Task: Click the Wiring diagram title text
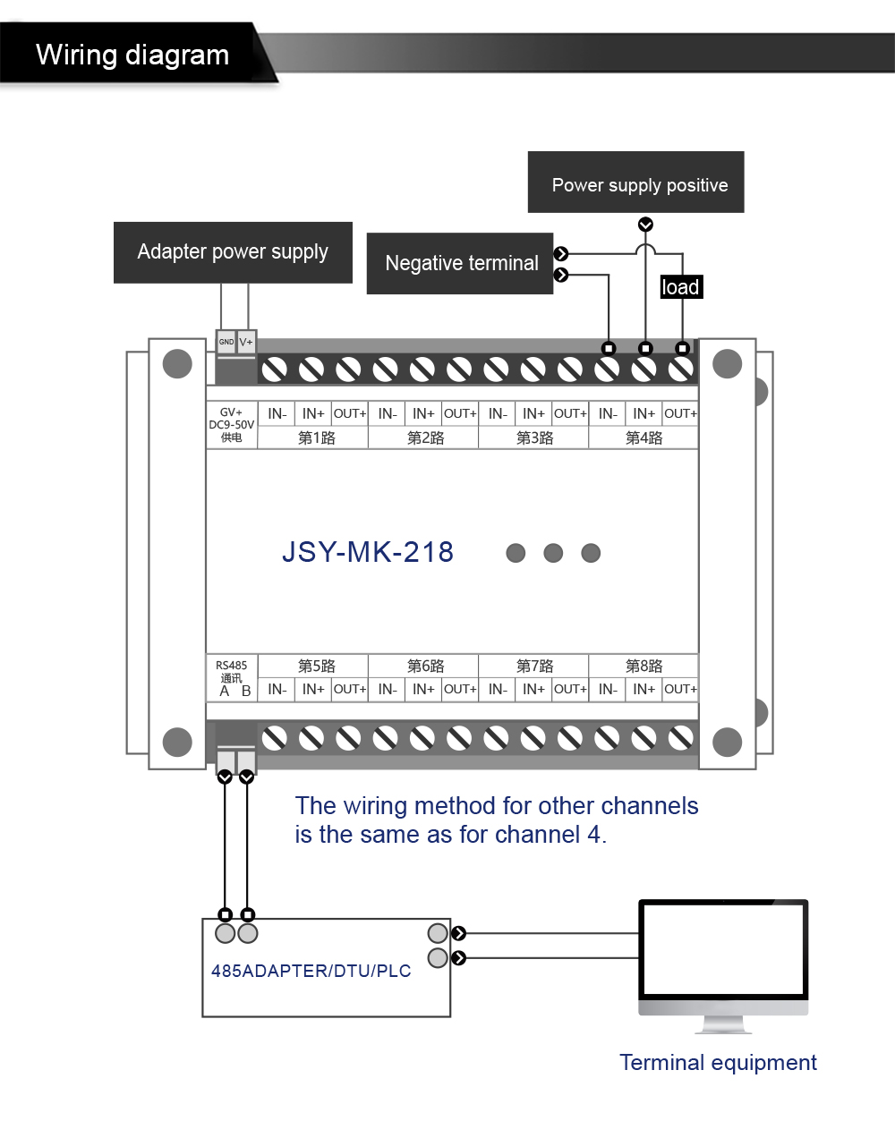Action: [x=132, y=55]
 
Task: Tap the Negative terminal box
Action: [x=460, y=263]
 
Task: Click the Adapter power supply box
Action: [x=233, y=252]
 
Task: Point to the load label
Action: [x=680, y=287]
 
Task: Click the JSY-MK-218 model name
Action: [x=368, y=552]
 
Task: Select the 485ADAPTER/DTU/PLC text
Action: [x=311, y=971]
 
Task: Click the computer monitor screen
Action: [x=723, y=950]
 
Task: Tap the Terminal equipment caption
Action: [x=718, y=1063]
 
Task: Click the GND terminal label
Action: [x=226, y=342]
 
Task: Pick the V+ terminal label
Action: [x=246, y=342]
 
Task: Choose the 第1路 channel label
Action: [x=316, y=437]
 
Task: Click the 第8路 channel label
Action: [x=644, y=666]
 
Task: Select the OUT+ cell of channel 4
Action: [x=680, y=413]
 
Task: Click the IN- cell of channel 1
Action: [x=277, y=413]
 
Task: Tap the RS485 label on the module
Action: [x=231, y=665]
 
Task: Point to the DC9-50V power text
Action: [x=231, y=425]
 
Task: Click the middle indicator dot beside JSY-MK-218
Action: [x=553, y=553]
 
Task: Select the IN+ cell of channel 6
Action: [x=423, y=689]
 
